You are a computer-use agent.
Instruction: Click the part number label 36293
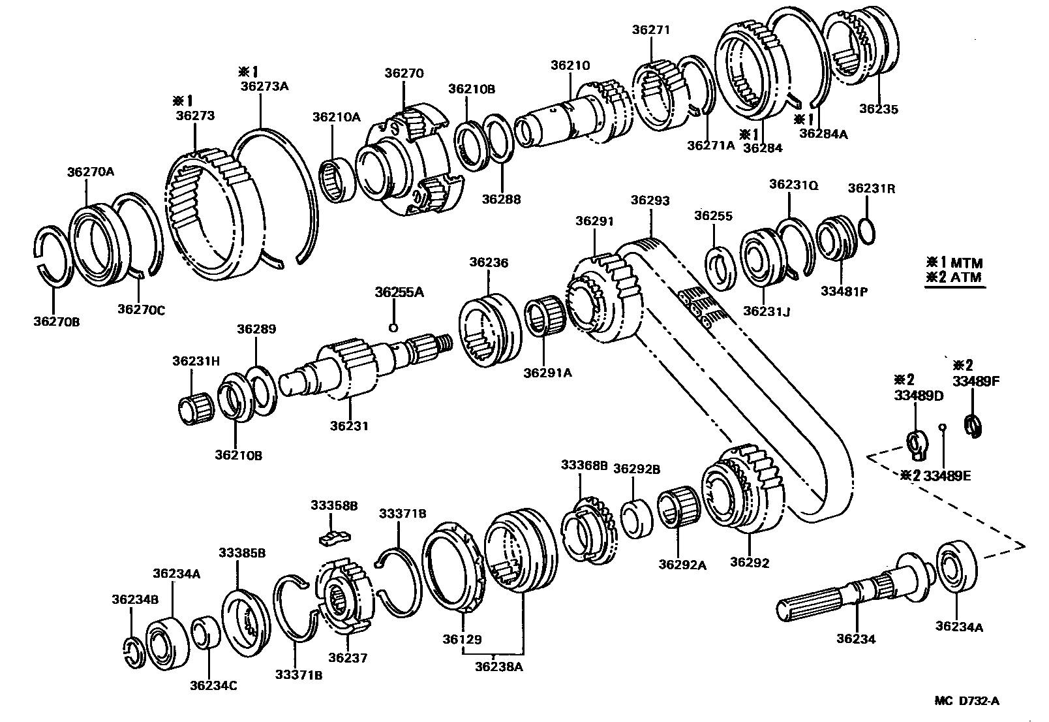(650, 201)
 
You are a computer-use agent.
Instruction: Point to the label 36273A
(264, 86)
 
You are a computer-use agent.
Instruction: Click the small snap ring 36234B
(132, 653)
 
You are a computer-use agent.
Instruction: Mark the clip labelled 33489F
(973, 428)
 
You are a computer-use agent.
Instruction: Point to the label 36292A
(682, 565)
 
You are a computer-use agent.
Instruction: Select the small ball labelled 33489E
(942, 428)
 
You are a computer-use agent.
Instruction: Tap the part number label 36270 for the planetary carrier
(403, 74)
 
